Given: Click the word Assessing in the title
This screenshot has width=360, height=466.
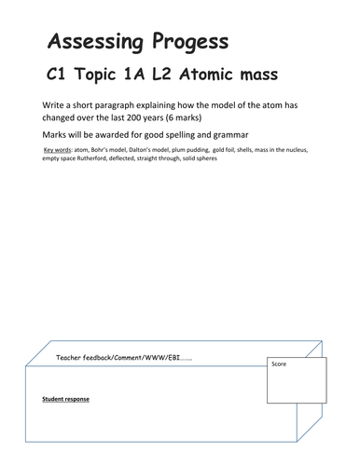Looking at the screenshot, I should pyautogui.click(x=89, y=42).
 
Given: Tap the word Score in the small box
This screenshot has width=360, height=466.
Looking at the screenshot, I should pyautogui.click(x=280, y=364).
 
